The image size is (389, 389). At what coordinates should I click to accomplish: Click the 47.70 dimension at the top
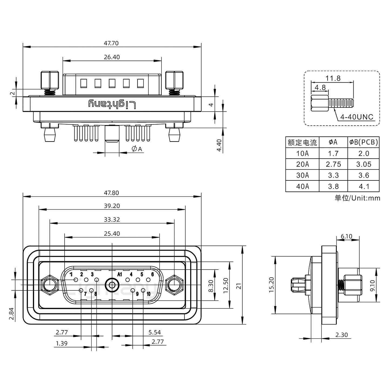click(111, 43)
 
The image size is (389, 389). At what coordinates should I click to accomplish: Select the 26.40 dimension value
click(112, 57)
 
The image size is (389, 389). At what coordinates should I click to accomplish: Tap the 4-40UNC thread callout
click(357, 117)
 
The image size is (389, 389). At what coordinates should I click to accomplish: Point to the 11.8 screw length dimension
click(333, 78)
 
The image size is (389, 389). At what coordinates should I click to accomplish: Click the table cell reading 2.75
click(333, 164)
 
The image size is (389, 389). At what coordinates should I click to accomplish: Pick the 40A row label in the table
click(302, 186)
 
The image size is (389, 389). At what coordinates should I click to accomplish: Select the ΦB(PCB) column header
click(363, 142)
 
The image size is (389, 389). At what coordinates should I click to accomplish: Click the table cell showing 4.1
click(364, 186)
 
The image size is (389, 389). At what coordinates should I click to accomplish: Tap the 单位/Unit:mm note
click(357, 198)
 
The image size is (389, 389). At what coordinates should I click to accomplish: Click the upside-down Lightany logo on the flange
click(112, 104)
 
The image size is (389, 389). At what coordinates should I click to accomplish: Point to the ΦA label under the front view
click(137, 149)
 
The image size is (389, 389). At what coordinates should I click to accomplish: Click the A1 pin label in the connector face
click(120, 274)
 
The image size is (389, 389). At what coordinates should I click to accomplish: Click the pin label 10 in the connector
click(148, 294)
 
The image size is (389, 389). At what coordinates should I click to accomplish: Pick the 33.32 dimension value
click(112, 220)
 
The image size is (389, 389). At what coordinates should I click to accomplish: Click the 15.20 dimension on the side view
click(271, 285)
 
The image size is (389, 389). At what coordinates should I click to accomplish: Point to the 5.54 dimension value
click(155, 332)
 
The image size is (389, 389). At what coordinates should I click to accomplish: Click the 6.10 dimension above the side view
click(346, 237)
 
